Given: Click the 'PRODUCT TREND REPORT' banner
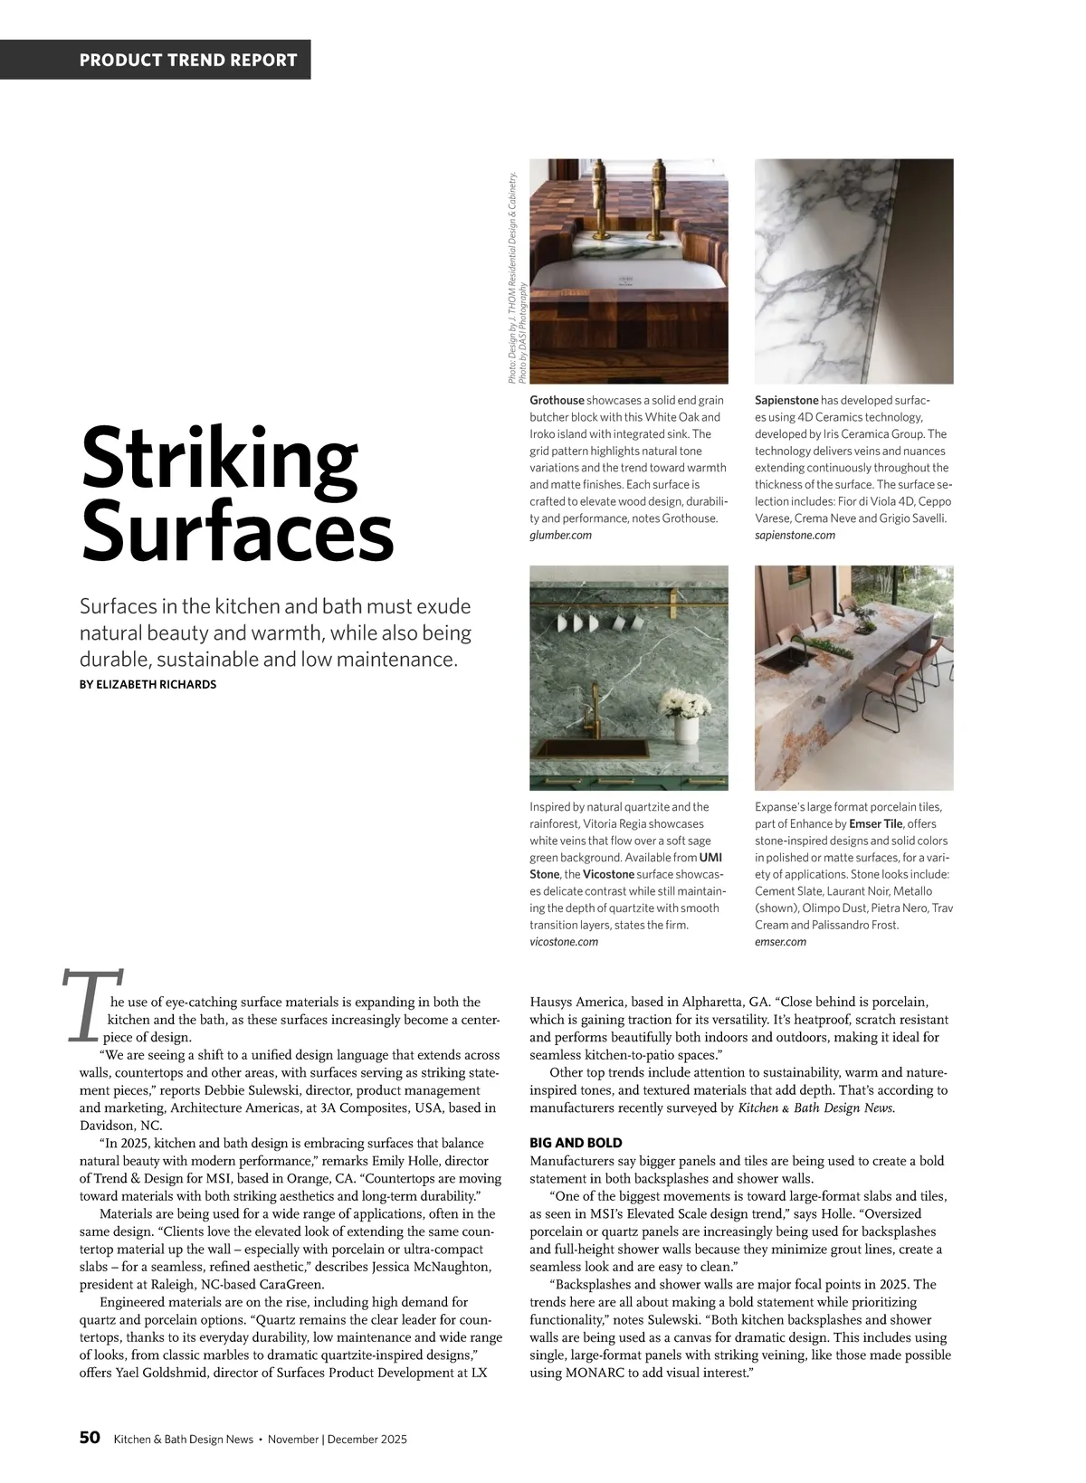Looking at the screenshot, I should (x=188, y=61).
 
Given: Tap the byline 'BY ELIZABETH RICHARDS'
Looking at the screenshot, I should (x=148, y=684).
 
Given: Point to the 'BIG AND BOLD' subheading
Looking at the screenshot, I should (x=576, y=1143).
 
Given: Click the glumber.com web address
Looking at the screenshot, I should (x=560, y=536).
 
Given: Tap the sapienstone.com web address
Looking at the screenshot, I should (x=795, y=536).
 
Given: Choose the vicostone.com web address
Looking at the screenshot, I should (x=564, y=942).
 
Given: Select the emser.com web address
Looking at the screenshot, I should (x=780, y=942).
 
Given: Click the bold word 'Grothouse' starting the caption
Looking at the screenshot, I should (x=557, y=400).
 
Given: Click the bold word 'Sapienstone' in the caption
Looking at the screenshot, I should (x=786, y=400).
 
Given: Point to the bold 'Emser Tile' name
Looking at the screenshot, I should (x=876, y=823).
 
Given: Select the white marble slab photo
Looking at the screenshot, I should (x=853, y=271).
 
